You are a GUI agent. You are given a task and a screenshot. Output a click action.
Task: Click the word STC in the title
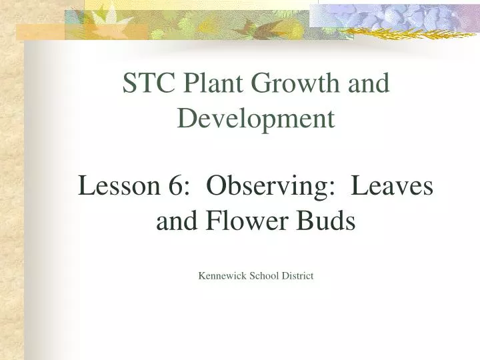[x=145, y=84]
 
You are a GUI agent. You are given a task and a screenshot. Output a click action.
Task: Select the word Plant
[x=203, y=84]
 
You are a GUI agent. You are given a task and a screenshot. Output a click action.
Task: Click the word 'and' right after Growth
[x=370, y=84]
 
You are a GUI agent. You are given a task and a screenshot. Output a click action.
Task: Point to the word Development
[x=255, y=119]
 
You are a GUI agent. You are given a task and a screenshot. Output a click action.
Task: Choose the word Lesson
[x=116, y=187]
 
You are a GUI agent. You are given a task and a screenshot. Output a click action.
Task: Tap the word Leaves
[x=392, y=187]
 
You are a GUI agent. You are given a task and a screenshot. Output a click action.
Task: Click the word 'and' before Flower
[x=174, y=221]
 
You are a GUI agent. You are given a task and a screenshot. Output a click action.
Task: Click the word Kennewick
[x=222, y=276]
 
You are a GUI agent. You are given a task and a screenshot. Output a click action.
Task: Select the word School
[x=265, y=276]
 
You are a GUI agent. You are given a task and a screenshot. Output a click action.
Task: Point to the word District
[x=298, y=276]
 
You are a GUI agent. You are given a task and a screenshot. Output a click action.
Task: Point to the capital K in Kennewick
[x=202, y=276]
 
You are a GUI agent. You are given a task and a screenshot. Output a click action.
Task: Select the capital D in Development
[x=187, y=119]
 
